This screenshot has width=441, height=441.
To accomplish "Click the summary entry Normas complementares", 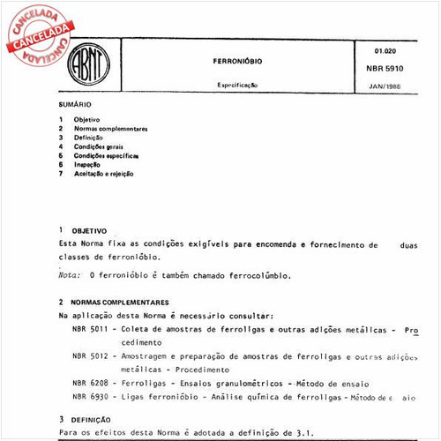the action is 110,129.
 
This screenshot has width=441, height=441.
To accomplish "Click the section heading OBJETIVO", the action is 89,229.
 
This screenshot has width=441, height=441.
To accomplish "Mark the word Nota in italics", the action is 69,274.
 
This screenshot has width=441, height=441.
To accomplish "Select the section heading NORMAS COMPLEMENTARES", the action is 121,302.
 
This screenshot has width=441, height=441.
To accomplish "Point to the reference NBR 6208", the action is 91,384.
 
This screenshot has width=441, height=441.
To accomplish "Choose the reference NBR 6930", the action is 91,398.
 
